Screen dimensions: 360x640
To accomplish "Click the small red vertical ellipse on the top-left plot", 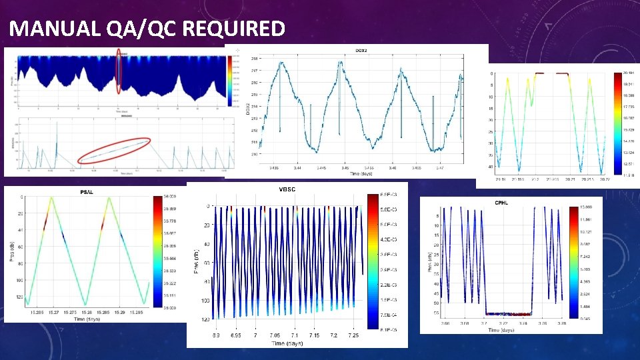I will click(x=119, y=71).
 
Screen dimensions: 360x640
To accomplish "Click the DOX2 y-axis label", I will click(x=247, y=111).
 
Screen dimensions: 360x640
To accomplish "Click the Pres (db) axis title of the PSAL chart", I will click(x=12, y=250).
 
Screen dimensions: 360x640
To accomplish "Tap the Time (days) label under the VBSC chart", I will click(x=287, y=343).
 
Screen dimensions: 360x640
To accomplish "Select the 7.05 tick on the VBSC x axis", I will click(x=274, y=335).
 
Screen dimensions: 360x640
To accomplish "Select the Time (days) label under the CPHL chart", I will click(x=501, y=330).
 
